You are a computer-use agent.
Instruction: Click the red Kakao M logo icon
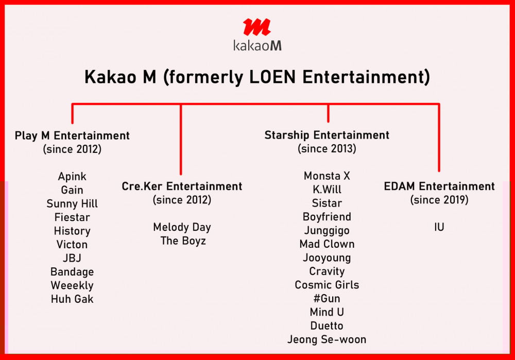pos(257,27)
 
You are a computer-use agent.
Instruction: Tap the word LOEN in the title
pos(272,77)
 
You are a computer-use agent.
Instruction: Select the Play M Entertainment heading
pos(72,135)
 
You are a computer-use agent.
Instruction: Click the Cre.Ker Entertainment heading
pos(182,186)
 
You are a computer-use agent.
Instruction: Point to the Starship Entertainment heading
pos(327,135)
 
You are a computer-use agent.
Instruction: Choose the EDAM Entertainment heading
pos(439,186)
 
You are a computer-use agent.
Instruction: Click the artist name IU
pos(439,227)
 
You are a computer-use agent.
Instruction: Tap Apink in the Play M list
pos(72,177)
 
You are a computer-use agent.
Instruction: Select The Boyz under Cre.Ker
pos(183,241)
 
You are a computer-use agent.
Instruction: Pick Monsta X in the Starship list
pos(327,176)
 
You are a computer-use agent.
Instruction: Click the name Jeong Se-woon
pos(327,339)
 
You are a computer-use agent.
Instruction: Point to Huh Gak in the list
pos(72,299)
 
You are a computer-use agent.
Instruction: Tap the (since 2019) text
pos(439,200)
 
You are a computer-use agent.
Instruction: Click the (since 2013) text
pos(327,148)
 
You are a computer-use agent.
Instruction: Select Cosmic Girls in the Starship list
pos(327,285)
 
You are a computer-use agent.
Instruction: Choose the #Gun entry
pos(327,299)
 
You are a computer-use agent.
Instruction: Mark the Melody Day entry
pos(182,227)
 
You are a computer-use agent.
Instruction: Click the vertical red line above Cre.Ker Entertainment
pos(181,139)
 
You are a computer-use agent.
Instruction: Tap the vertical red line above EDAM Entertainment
pos(439,138)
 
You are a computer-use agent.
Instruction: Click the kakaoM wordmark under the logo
pos(257,45)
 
